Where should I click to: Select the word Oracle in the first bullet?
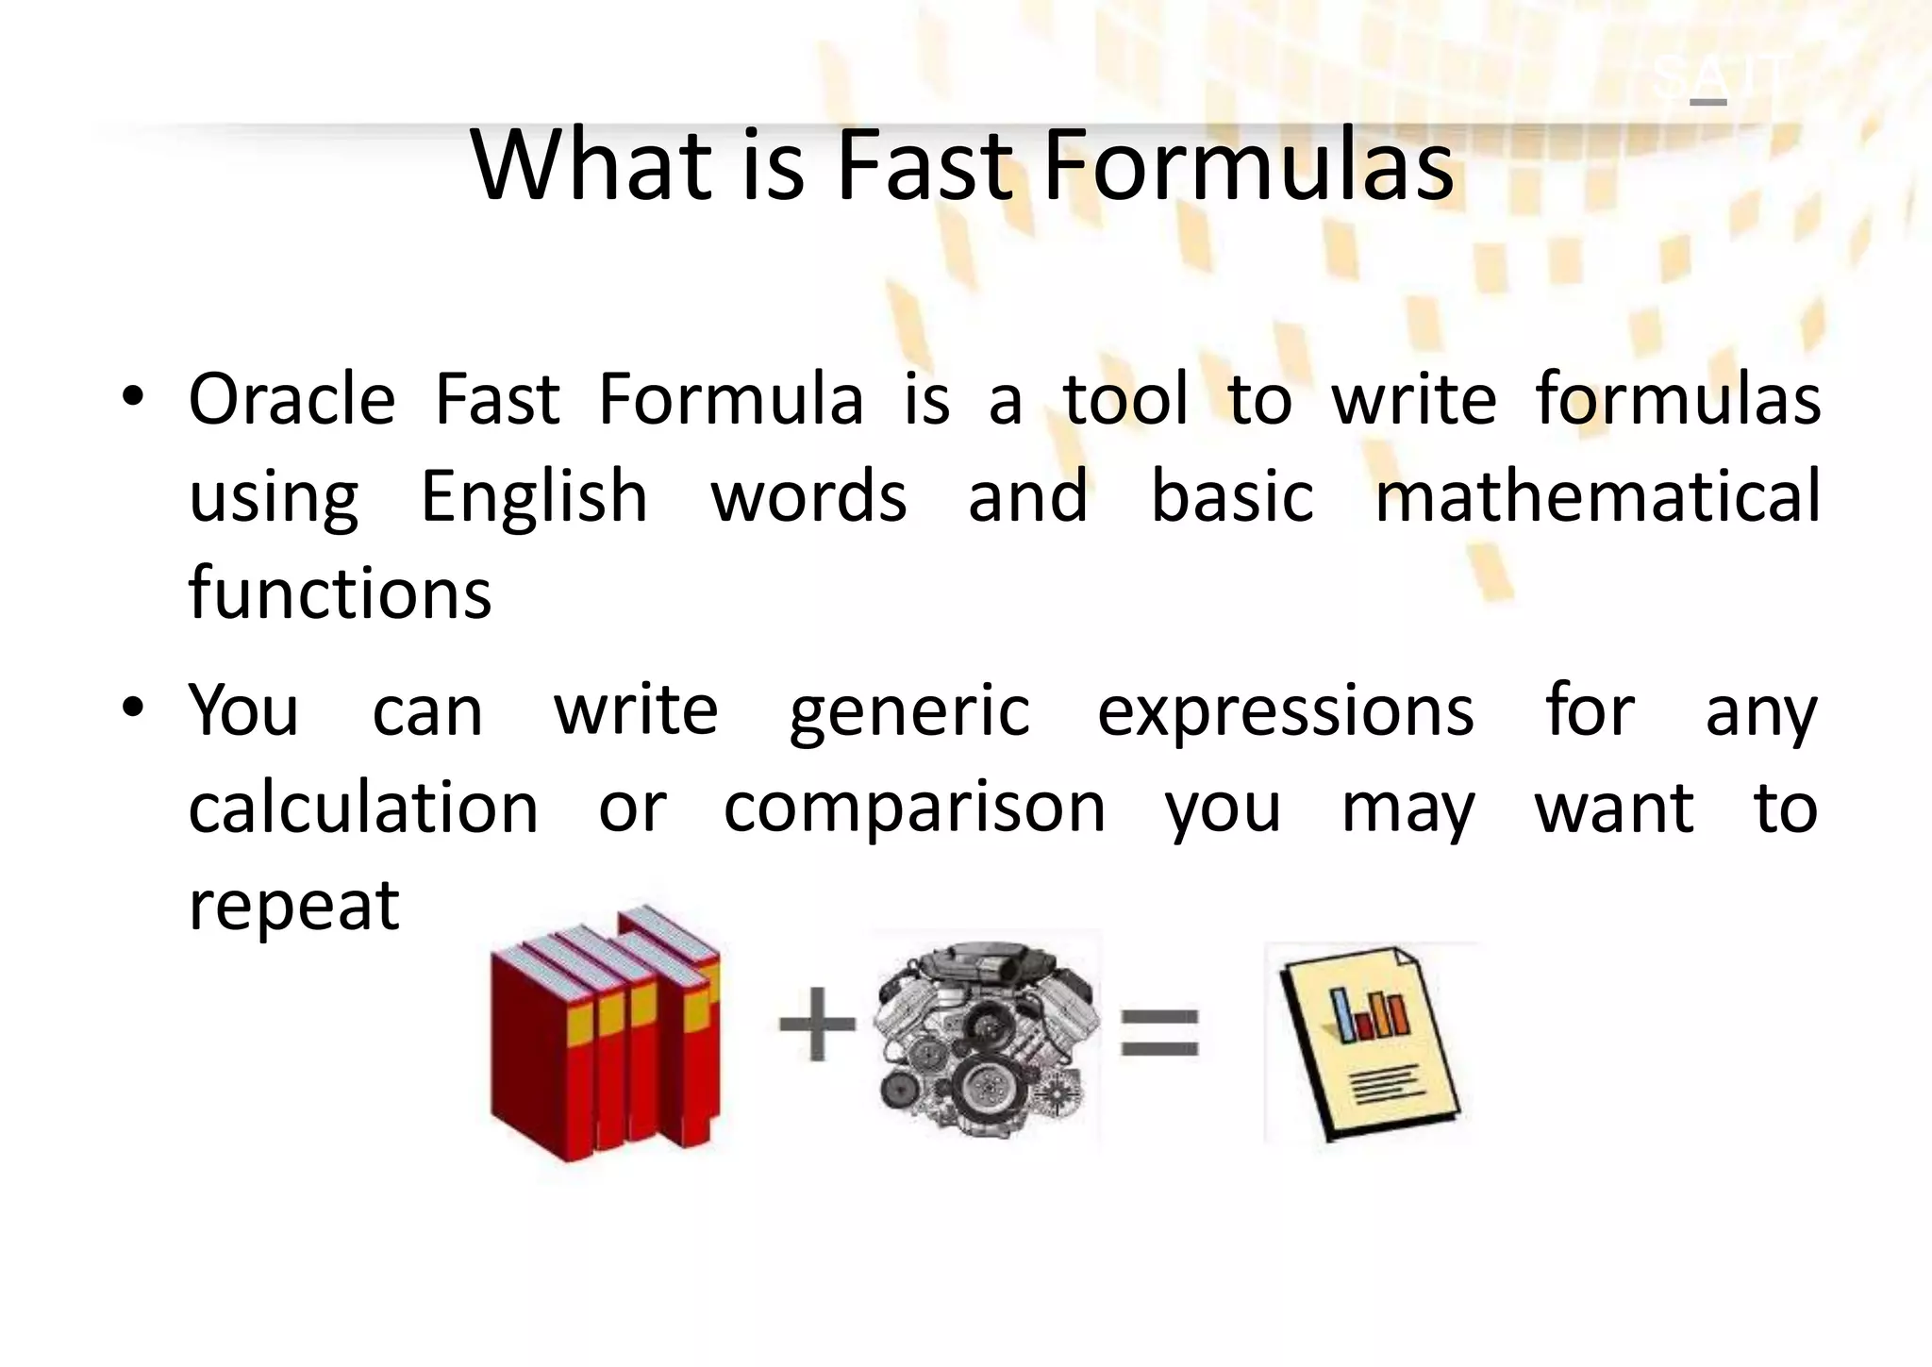coord(291,400)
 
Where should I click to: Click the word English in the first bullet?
coord(534,497)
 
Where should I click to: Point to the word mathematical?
coord(1597,497)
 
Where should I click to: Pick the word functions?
coord(340,594)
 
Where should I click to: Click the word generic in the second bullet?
coord(909,713)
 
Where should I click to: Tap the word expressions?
coord(1285,713)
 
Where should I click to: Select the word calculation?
coord(363,809)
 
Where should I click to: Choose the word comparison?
coord(914,809)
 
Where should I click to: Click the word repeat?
coord(294,907)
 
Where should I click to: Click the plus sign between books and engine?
coord(817,1024)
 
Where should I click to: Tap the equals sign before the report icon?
coord(1159,1031)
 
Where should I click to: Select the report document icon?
coord(1368,1042)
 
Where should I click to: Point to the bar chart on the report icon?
coord(1368,1013)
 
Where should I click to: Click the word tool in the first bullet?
coord(1125,400)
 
